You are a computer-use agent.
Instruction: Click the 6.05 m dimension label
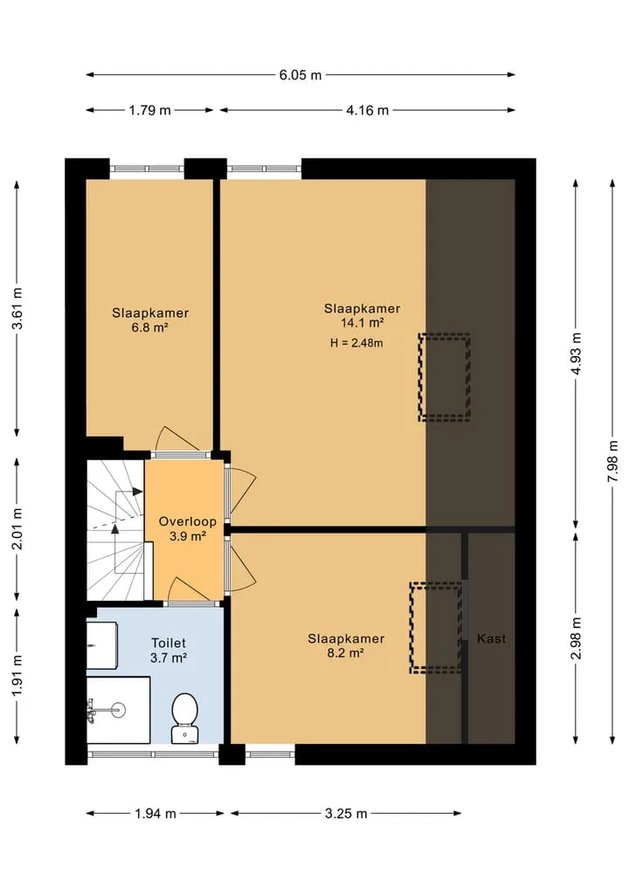tap(301, 75)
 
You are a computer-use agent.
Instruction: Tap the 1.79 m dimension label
tap(149, 110)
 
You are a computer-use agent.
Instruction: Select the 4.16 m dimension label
tap(367, 110)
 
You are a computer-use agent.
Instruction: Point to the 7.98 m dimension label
tap(612, 462)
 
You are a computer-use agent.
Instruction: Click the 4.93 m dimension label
tap(576, 354)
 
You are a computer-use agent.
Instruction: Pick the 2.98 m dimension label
tap(576, 638)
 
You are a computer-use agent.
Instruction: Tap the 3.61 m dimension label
tap(17, 308)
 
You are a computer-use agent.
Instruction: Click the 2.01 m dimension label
tap(17, 529)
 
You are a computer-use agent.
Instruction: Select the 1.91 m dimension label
tap(17, 676)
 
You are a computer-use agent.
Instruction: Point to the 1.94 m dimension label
tap(156, 814)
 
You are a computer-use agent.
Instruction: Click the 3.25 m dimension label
tap(346, 814)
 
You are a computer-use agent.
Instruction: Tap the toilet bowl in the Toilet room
tap(184, 718)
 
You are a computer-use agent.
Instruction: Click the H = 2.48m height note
tap(356, 342)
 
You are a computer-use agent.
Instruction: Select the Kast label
tap(491, 639)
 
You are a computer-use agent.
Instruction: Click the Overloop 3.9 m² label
tap(188, 528)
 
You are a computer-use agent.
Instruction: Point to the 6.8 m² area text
tap(149, 327)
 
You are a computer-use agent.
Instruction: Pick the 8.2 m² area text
tap(345, 653)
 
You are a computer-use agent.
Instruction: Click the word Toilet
tap(169, 644)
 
